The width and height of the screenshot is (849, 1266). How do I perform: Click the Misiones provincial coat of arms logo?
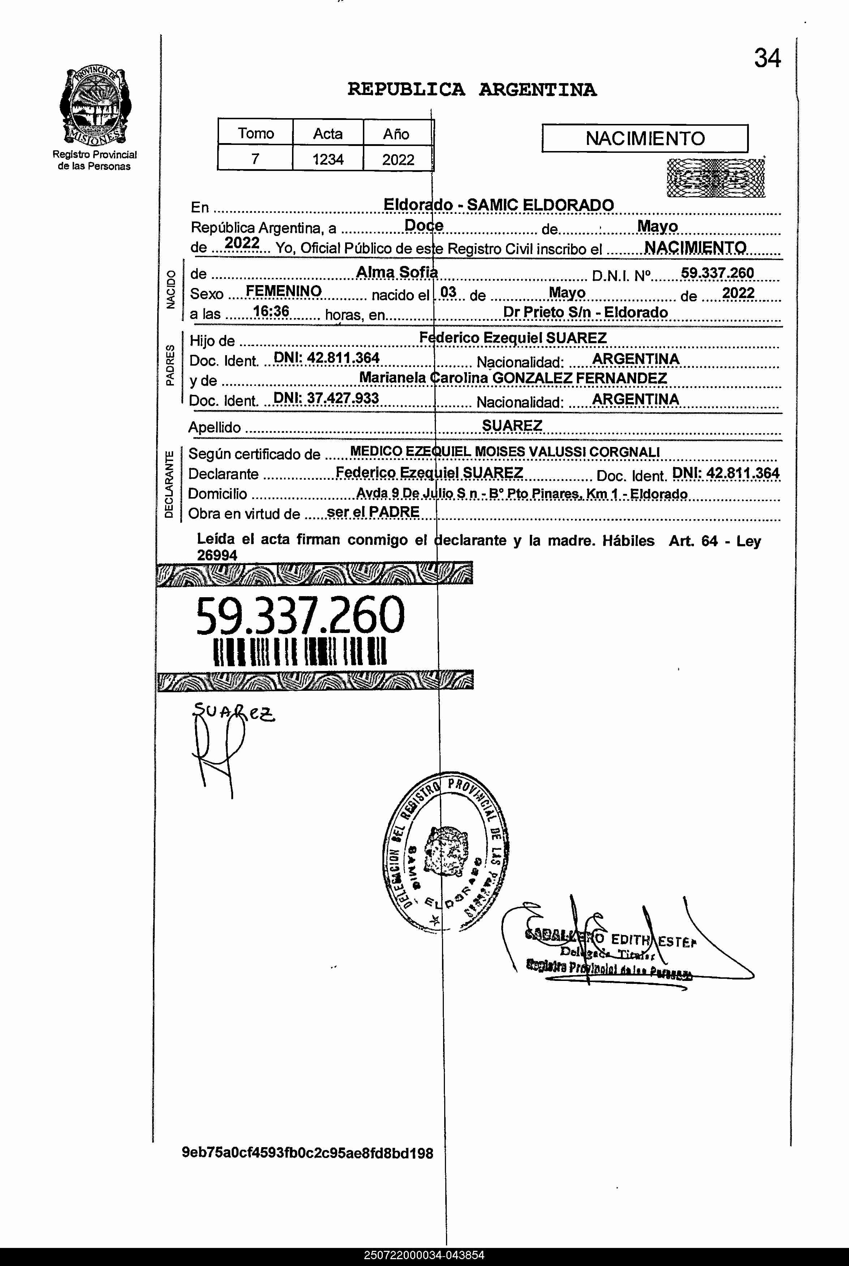pyautogui.click(x=95, y=106)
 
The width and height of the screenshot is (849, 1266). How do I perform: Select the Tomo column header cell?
pyautogui.click(x=256, y=133)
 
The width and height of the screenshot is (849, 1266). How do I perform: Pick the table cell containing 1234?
pyautogui.click(x=327, y=159)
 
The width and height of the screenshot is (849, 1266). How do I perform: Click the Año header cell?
pyautogui.click(x=396, y=134)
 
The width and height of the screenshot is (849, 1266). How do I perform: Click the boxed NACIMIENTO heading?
pyautogui.click(x=644, y=139)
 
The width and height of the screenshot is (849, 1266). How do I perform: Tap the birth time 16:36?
pyautogui.click(x=271, y=312)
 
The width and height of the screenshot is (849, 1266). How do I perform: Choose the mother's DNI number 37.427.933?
pyautogui.click(x=326, y=399)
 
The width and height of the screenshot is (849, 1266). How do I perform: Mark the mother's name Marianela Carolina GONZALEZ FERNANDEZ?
pyautogui.click(x=513, y=378)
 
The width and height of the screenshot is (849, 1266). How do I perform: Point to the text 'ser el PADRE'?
pyautogui.click(x=373, y=512)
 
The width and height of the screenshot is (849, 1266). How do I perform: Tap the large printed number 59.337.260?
pyautogui.click(x=299, y=616)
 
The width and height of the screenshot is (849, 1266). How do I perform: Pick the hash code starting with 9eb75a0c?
pyautogui.click(x=307, y=1153)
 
